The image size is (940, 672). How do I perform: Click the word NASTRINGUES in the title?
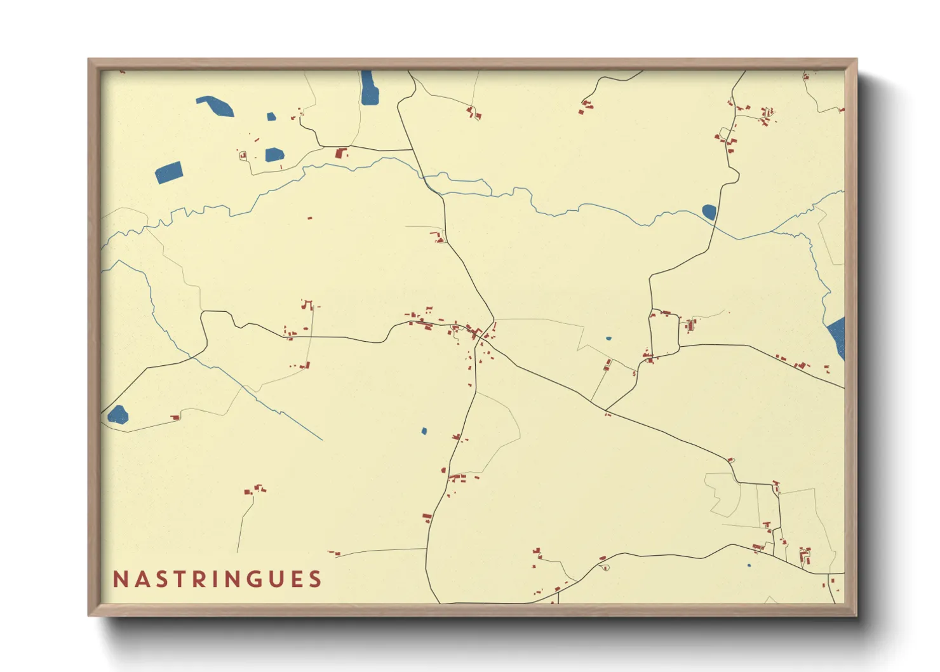tap(217, 579)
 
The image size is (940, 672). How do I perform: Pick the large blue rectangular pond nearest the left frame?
tap(169, 172)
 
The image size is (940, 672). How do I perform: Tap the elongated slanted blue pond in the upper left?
tap(215, 105)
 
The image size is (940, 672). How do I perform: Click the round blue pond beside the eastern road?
tap(709, 212)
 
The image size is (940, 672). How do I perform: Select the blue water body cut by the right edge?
tap(837, 337)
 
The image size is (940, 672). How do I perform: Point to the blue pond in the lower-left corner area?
tap(117, 415)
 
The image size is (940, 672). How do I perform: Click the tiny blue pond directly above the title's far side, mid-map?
tap(424, 431)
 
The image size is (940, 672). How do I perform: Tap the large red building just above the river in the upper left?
tap(340, 153)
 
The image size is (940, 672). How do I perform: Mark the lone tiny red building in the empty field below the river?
tap(309, 218)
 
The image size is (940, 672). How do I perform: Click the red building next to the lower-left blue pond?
tap(175, 417)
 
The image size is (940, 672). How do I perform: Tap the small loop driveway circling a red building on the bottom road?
tap(605, 567)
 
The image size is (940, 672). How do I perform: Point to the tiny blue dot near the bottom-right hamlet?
tap(749, 565)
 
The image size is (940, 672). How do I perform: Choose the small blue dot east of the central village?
tap(608, 339)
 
